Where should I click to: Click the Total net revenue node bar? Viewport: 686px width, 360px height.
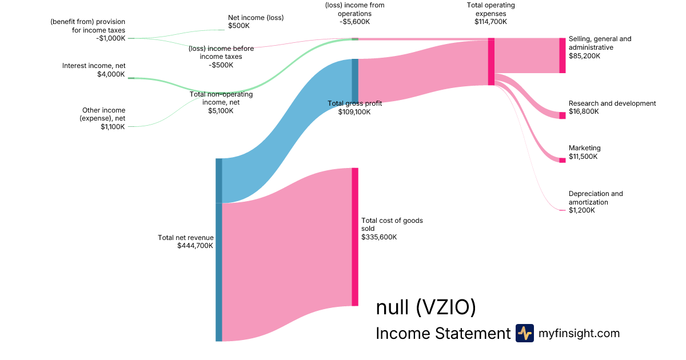[218, 250]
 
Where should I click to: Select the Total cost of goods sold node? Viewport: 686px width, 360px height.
[355, 237]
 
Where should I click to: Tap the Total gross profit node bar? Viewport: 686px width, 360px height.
[355, 81]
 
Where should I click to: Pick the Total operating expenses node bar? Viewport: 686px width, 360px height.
[491, 62]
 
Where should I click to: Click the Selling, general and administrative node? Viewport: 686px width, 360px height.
[563, 55]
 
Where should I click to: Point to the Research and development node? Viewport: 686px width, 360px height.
[563, 115]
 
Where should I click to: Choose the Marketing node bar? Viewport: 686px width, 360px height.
[563, 159]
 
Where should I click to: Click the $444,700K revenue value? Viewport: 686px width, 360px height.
[196, 246]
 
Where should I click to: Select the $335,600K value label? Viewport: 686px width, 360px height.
[379, 237]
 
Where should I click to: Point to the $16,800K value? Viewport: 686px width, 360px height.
[584, 111]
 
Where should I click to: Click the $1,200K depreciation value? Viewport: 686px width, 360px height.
[582, 210]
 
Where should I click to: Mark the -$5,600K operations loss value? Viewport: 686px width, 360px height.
[354, 22]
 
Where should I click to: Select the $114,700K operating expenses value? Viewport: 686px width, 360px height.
[490, 22]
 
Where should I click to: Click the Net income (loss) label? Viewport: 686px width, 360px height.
[256, 18]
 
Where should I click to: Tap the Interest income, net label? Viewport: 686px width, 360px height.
[94, 66]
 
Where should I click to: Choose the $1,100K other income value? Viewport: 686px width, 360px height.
[113, 126]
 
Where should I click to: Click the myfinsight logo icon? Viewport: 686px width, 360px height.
[525, 333]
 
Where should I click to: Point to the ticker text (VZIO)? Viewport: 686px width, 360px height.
[446, 307]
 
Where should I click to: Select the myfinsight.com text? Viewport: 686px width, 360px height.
[579, 333]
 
